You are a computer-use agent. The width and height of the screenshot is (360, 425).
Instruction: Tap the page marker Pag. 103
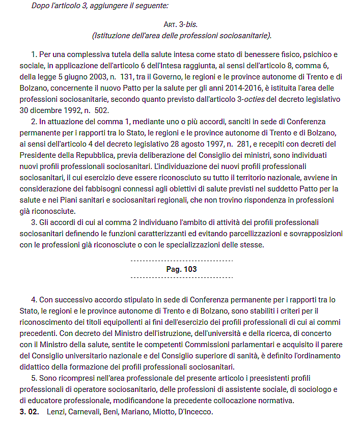point(181,269)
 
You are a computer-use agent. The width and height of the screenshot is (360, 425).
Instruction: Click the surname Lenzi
point(57,411)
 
